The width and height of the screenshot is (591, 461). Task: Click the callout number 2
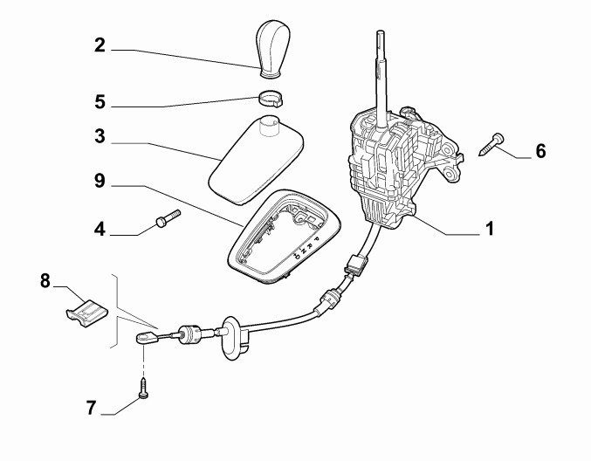point(100,45)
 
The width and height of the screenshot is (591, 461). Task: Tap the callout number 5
point(100,102)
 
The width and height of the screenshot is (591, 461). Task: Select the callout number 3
point(100,136)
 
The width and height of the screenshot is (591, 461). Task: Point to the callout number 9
point(100,181)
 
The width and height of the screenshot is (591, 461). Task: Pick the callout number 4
point(100,229)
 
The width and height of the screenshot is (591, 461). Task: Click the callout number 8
point(45,281)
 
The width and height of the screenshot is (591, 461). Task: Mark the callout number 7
point(91,408)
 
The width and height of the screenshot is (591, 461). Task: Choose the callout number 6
point(541,151)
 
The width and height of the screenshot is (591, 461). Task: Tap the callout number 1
point(490,229)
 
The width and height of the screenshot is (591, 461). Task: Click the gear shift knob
point(273,49)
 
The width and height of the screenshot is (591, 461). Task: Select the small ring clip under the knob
point(271,99)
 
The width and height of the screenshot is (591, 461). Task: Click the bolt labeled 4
point(168,218)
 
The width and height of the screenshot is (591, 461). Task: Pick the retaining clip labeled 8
point(86,312)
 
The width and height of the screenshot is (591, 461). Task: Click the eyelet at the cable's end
point(147,337)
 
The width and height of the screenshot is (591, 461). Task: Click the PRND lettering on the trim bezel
point(306,247)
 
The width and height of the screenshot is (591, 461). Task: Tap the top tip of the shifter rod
point(381,31)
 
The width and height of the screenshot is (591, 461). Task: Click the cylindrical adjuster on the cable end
point(190,334)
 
